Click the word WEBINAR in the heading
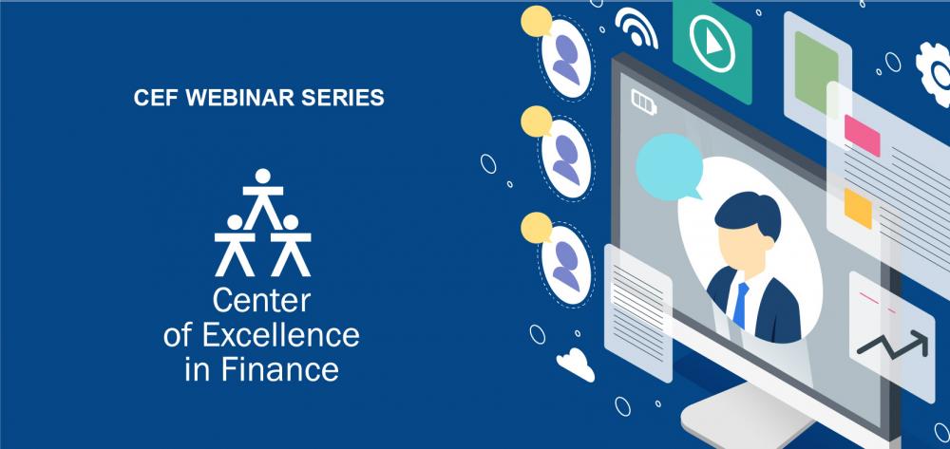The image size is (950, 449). click(x=239, y=98)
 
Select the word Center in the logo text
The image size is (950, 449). click(x=262, y=301)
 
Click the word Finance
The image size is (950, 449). click(x=280, y=369)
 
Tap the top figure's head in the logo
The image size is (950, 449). click(x=262, y=177)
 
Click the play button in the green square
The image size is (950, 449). click(x=712, y=45)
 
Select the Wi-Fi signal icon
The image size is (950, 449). click(x=636, y=27)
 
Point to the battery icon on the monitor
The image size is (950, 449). click(x=643, y=101)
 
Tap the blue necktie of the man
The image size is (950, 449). click(x=740, y=305)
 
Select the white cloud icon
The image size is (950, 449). click(x=575, y=364)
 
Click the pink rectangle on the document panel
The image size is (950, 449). click(x=863, y=135)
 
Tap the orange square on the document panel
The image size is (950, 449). click(x=858, y=208)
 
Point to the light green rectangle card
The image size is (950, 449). click(x=816, y=72)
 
